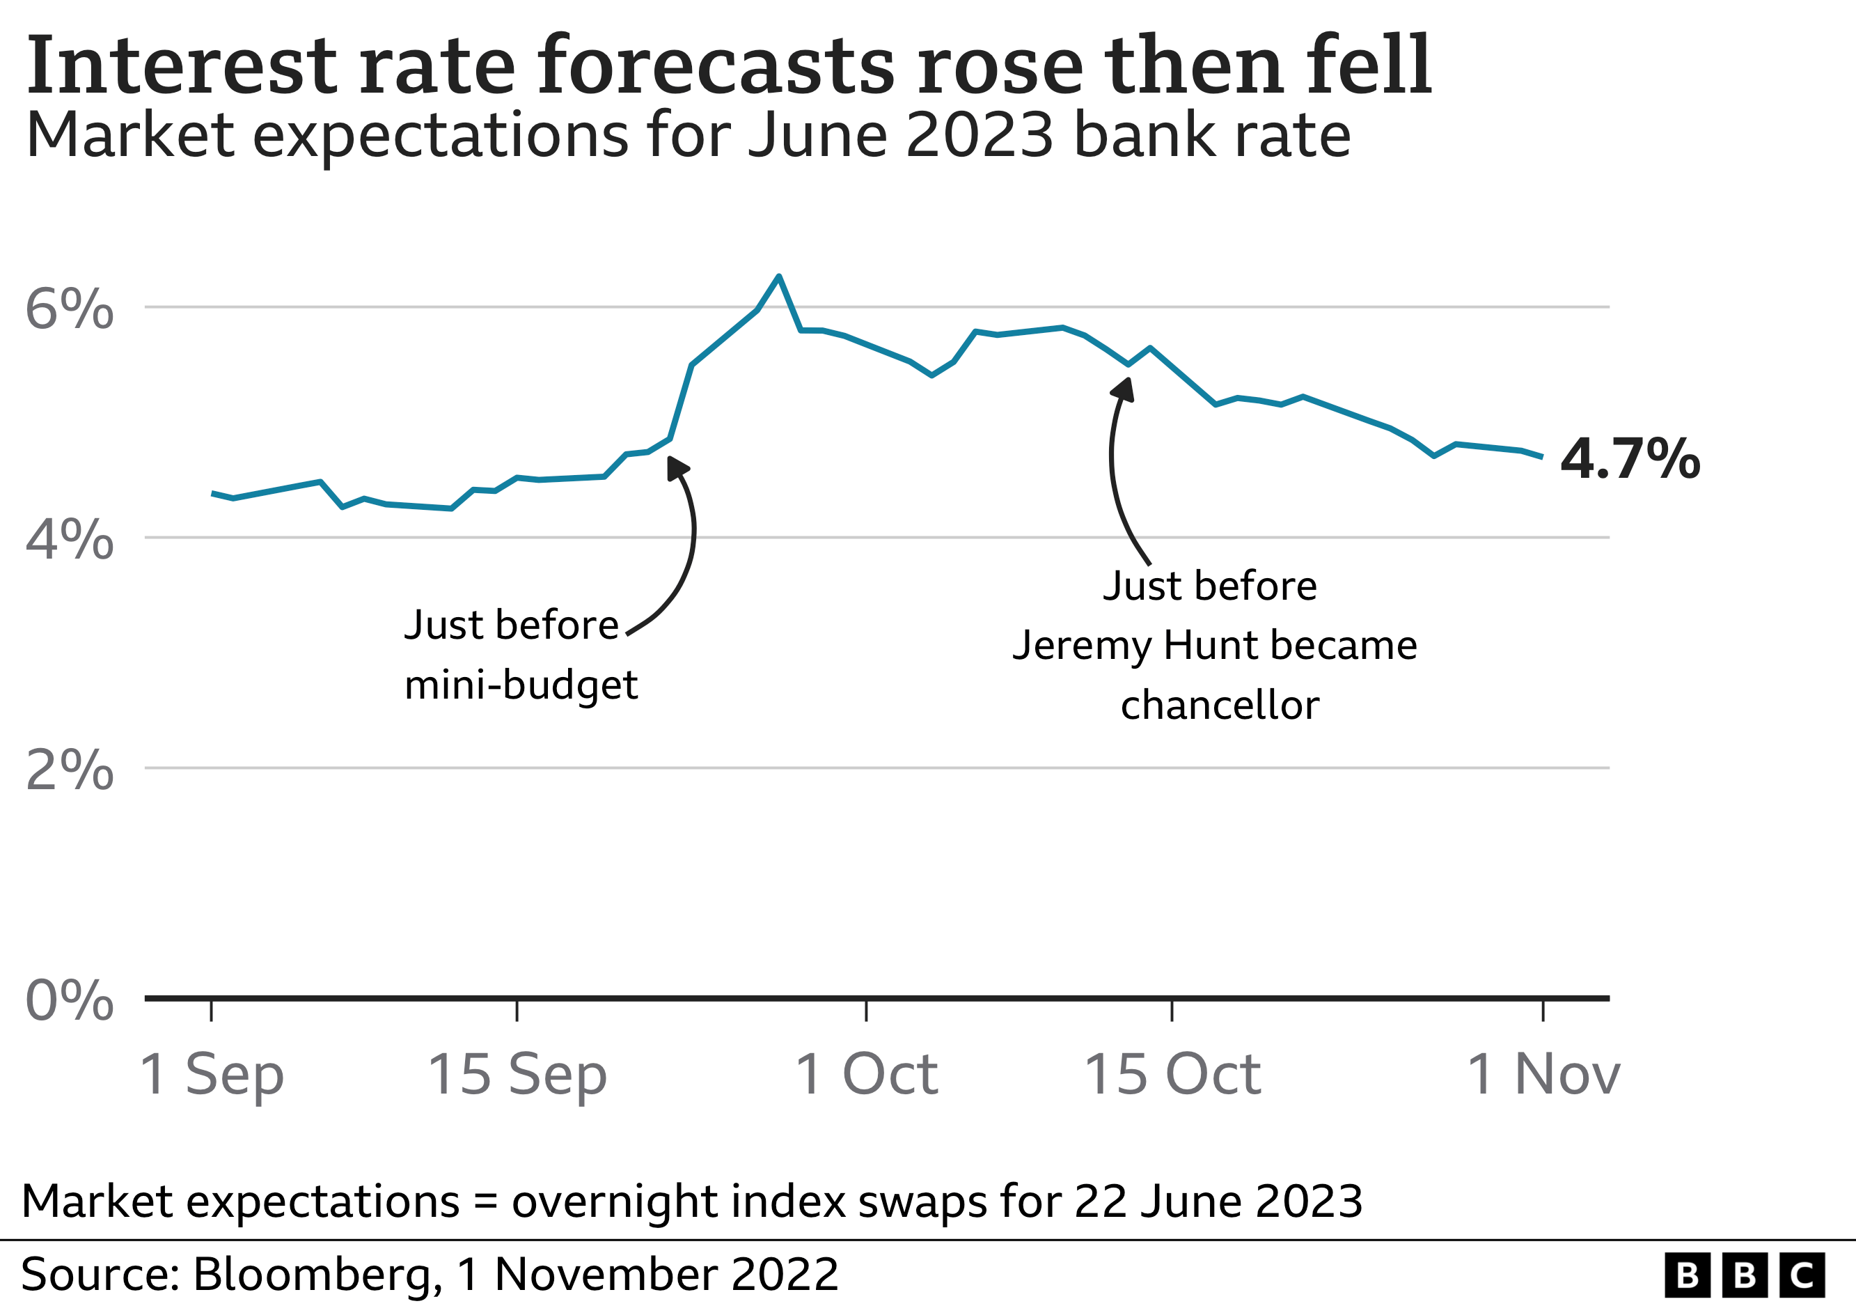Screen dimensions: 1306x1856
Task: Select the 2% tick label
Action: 70,770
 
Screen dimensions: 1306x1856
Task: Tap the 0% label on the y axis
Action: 70,1000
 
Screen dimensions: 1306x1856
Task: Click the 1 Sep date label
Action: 212,1075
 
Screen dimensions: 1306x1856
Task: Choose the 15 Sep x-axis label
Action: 517,1075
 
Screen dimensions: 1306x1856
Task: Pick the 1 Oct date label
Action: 866,1075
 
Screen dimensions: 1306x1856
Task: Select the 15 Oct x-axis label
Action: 1172,1075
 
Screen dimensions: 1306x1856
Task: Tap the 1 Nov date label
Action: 1542,1075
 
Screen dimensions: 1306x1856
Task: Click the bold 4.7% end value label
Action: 1630,458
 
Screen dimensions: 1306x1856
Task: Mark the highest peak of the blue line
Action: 778,277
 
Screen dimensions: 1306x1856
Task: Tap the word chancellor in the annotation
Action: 1219,705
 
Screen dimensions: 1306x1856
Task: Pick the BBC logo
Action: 1745,1275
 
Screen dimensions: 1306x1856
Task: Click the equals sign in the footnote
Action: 486,1202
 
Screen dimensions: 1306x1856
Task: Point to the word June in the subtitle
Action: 817,135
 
